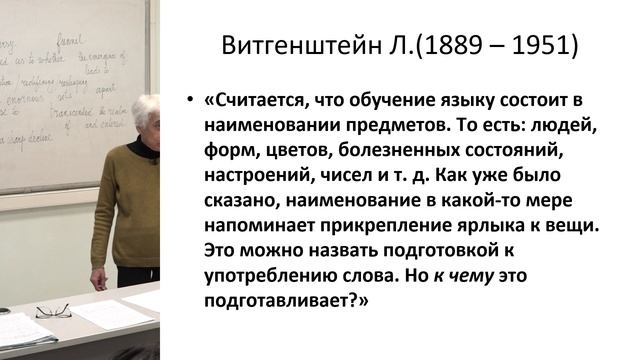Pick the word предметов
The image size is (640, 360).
(385, 128)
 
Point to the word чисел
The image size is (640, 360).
(351, 177)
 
